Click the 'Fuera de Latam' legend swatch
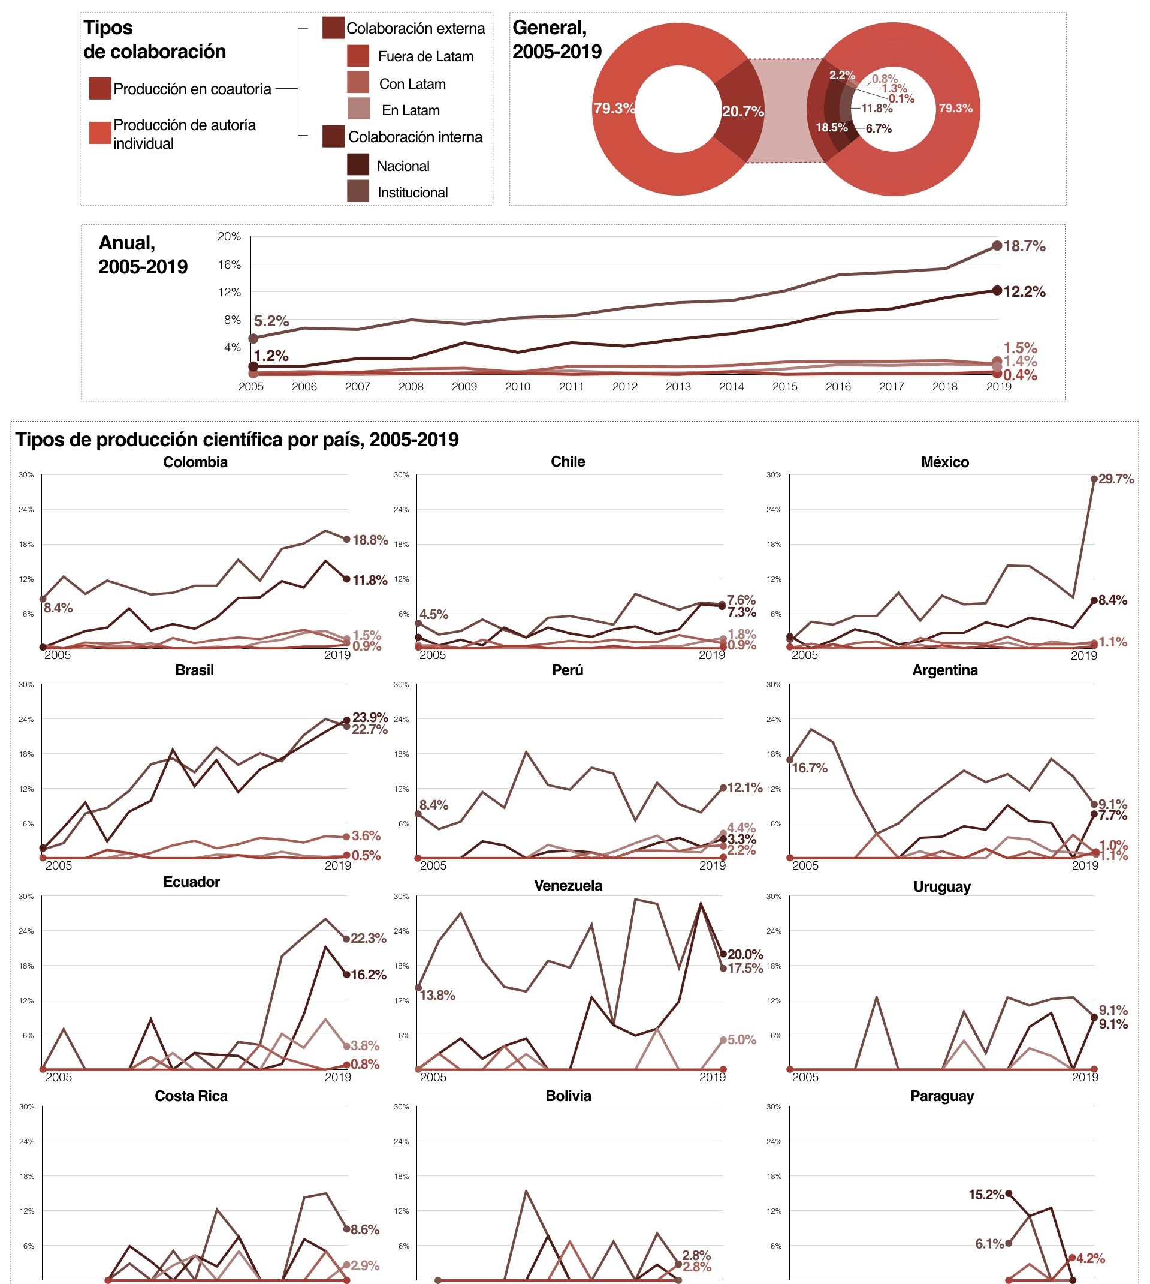(x=358, y=56)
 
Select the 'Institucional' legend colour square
(x=358, y=191)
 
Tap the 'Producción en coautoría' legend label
(x=192, y=89)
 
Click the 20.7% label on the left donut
(x=742, y=112)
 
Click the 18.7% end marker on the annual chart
(x=997, y=246)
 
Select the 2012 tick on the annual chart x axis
(x=624, y=386)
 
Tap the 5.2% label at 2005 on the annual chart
(x=271, y=321)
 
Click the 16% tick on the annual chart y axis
(x=230, y=264)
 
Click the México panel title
(x=944, y=462)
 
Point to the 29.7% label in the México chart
(x=1115, y=479)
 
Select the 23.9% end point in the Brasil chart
(x=346, y=720)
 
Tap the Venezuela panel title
(x=568, y=885)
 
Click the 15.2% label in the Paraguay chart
(x=986, y=1194)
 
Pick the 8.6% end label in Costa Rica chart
(x=364, y=1229)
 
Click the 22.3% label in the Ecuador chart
(x=368, y=938)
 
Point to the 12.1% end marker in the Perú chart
(x=723, y=787)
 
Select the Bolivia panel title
(x=568, y=1096)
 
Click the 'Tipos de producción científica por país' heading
(x=237, y=440)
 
